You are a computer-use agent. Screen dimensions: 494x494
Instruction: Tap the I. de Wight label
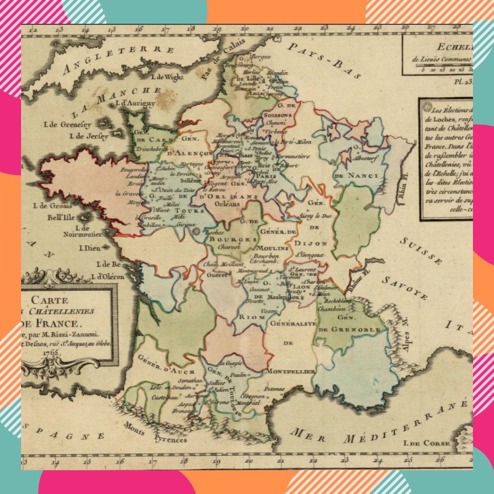click(x=167, y=77)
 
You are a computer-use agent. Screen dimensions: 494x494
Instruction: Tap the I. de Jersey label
click(x=89, y=136)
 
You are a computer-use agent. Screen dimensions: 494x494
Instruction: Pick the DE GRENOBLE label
click(x=349, y=330)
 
